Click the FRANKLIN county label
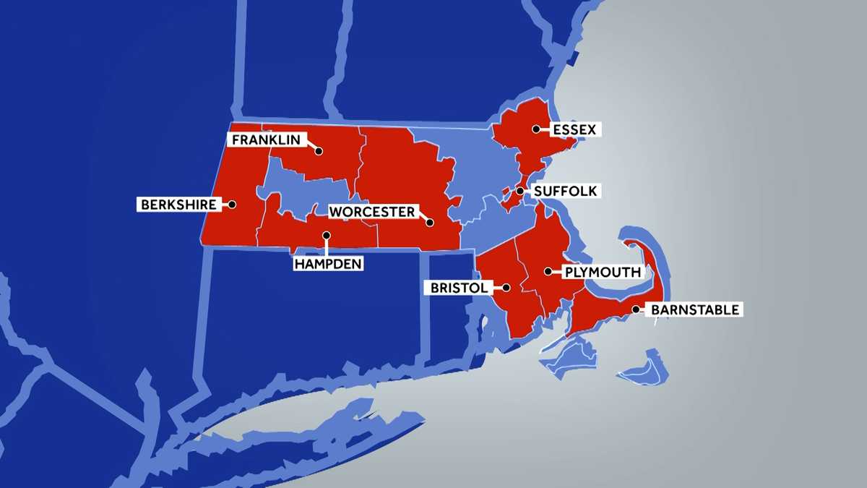[x=265, y=140]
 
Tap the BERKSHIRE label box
[x=178, y=205]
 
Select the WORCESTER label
[x=373, y=212]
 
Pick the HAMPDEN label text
[x=328, y=264]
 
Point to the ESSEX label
[x=574, y=129]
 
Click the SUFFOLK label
[x=565, y=192]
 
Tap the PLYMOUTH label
[x=602, y=273]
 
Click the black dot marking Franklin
[x=319, y=152]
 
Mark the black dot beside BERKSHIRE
[x=232, y=205]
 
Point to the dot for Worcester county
[x=429, y=223]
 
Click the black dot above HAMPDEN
[x=327, y=235]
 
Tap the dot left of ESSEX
[x=536, y=129]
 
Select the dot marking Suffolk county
[x=519, y=192]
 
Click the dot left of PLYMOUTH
[x=548, y=272]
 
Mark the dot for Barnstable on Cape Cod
[x=636, y=309]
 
